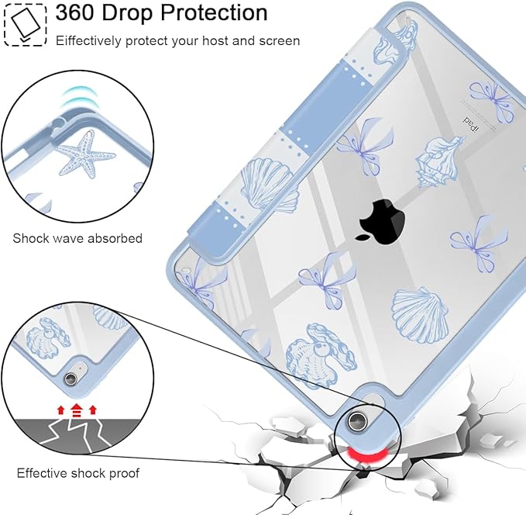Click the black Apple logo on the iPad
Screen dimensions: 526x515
click(381, 220)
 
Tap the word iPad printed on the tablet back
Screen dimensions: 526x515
click(471, 124)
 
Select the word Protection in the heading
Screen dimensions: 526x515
click(214, 12)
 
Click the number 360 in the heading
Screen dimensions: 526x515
click(75, 12)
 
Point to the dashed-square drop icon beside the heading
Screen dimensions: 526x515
click(25, 25)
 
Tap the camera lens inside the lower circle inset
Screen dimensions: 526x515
click(70, 378)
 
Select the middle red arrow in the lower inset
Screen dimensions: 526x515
click(77, 410)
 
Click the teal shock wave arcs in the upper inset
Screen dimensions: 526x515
click(77, 97)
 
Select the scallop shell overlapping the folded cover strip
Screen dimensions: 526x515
click(269, 185)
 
